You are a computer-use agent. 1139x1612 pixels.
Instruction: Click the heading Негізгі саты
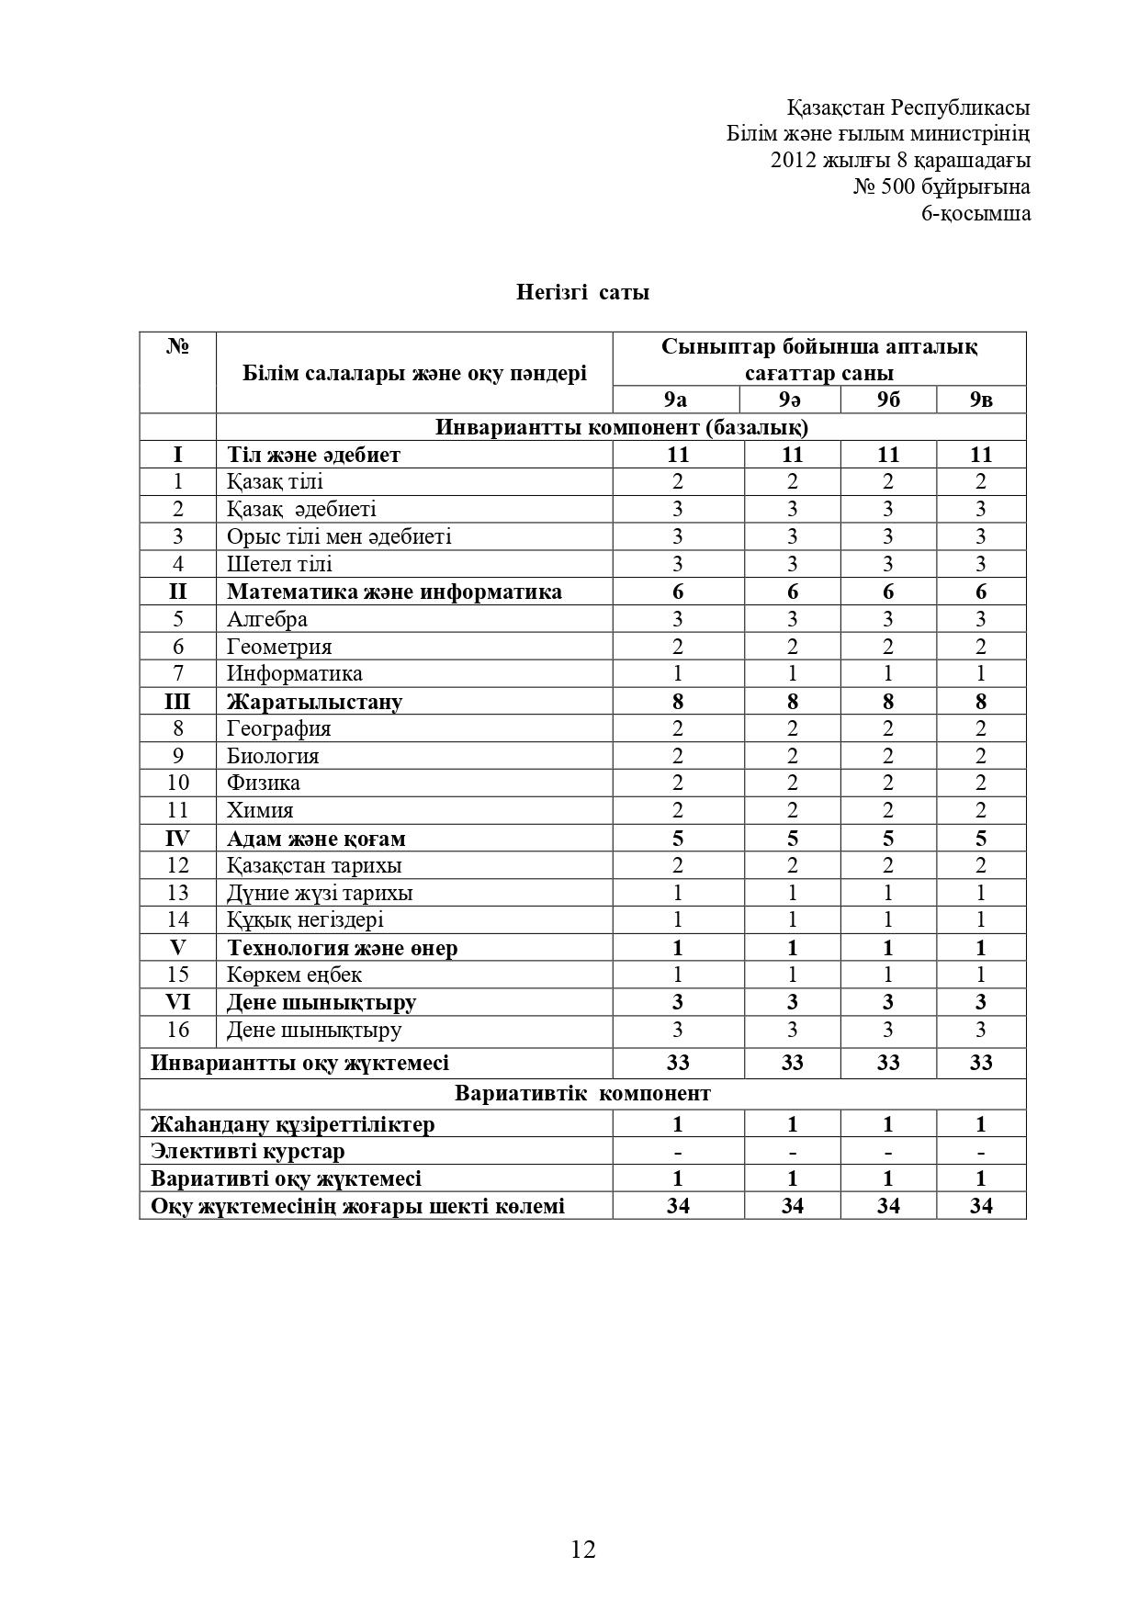(x=582, y=292)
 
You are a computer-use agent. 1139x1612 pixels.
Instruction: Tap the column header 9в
(x=980, y=400)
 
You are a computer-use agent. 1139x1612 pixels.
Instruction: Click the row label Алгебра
(x=267, y=619)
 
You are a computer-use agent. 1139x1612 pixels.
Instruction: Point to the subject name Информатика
(x=295, y=673)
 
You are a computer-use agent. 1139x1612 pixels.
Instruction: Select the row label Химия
(x=261, y=810)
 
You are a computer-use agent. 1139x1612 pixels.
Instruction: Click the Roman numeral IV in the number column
(x=177, y=838)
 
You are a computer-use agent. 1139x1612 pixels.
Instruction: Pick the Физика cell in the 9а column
(x=677, y=783)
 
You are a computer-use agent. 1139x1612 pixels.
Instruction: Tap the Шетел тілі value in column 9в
(x=980, y=564)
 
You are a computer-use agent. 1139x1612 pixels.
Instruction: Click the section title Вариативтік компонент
(x=582, y=1093)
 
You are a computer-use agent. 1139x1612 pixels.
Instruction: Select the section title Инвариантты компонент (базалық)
(x=621, y=427)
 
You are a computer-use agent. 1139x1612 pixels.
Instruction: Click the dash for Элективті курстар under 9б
(x=887, y=1152)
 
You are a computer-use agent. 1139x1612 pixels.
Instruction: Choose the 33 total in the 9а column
(x=677, y=1063)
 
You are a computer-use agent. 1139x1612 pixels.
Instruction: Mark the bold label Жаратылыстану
(x=314, y=702)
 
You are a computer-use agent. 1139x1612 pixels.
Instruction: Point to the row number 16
(x=177, y=1030)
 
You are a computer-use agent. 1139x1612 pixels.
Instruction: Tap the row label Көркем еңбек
(x=294, y=975)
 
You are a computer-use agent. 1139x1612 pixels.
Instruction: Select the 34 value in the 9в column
(x=980, y=1206)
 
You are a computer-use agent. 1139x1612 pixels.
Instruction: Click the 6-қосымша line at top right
(x=975, y=214)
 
